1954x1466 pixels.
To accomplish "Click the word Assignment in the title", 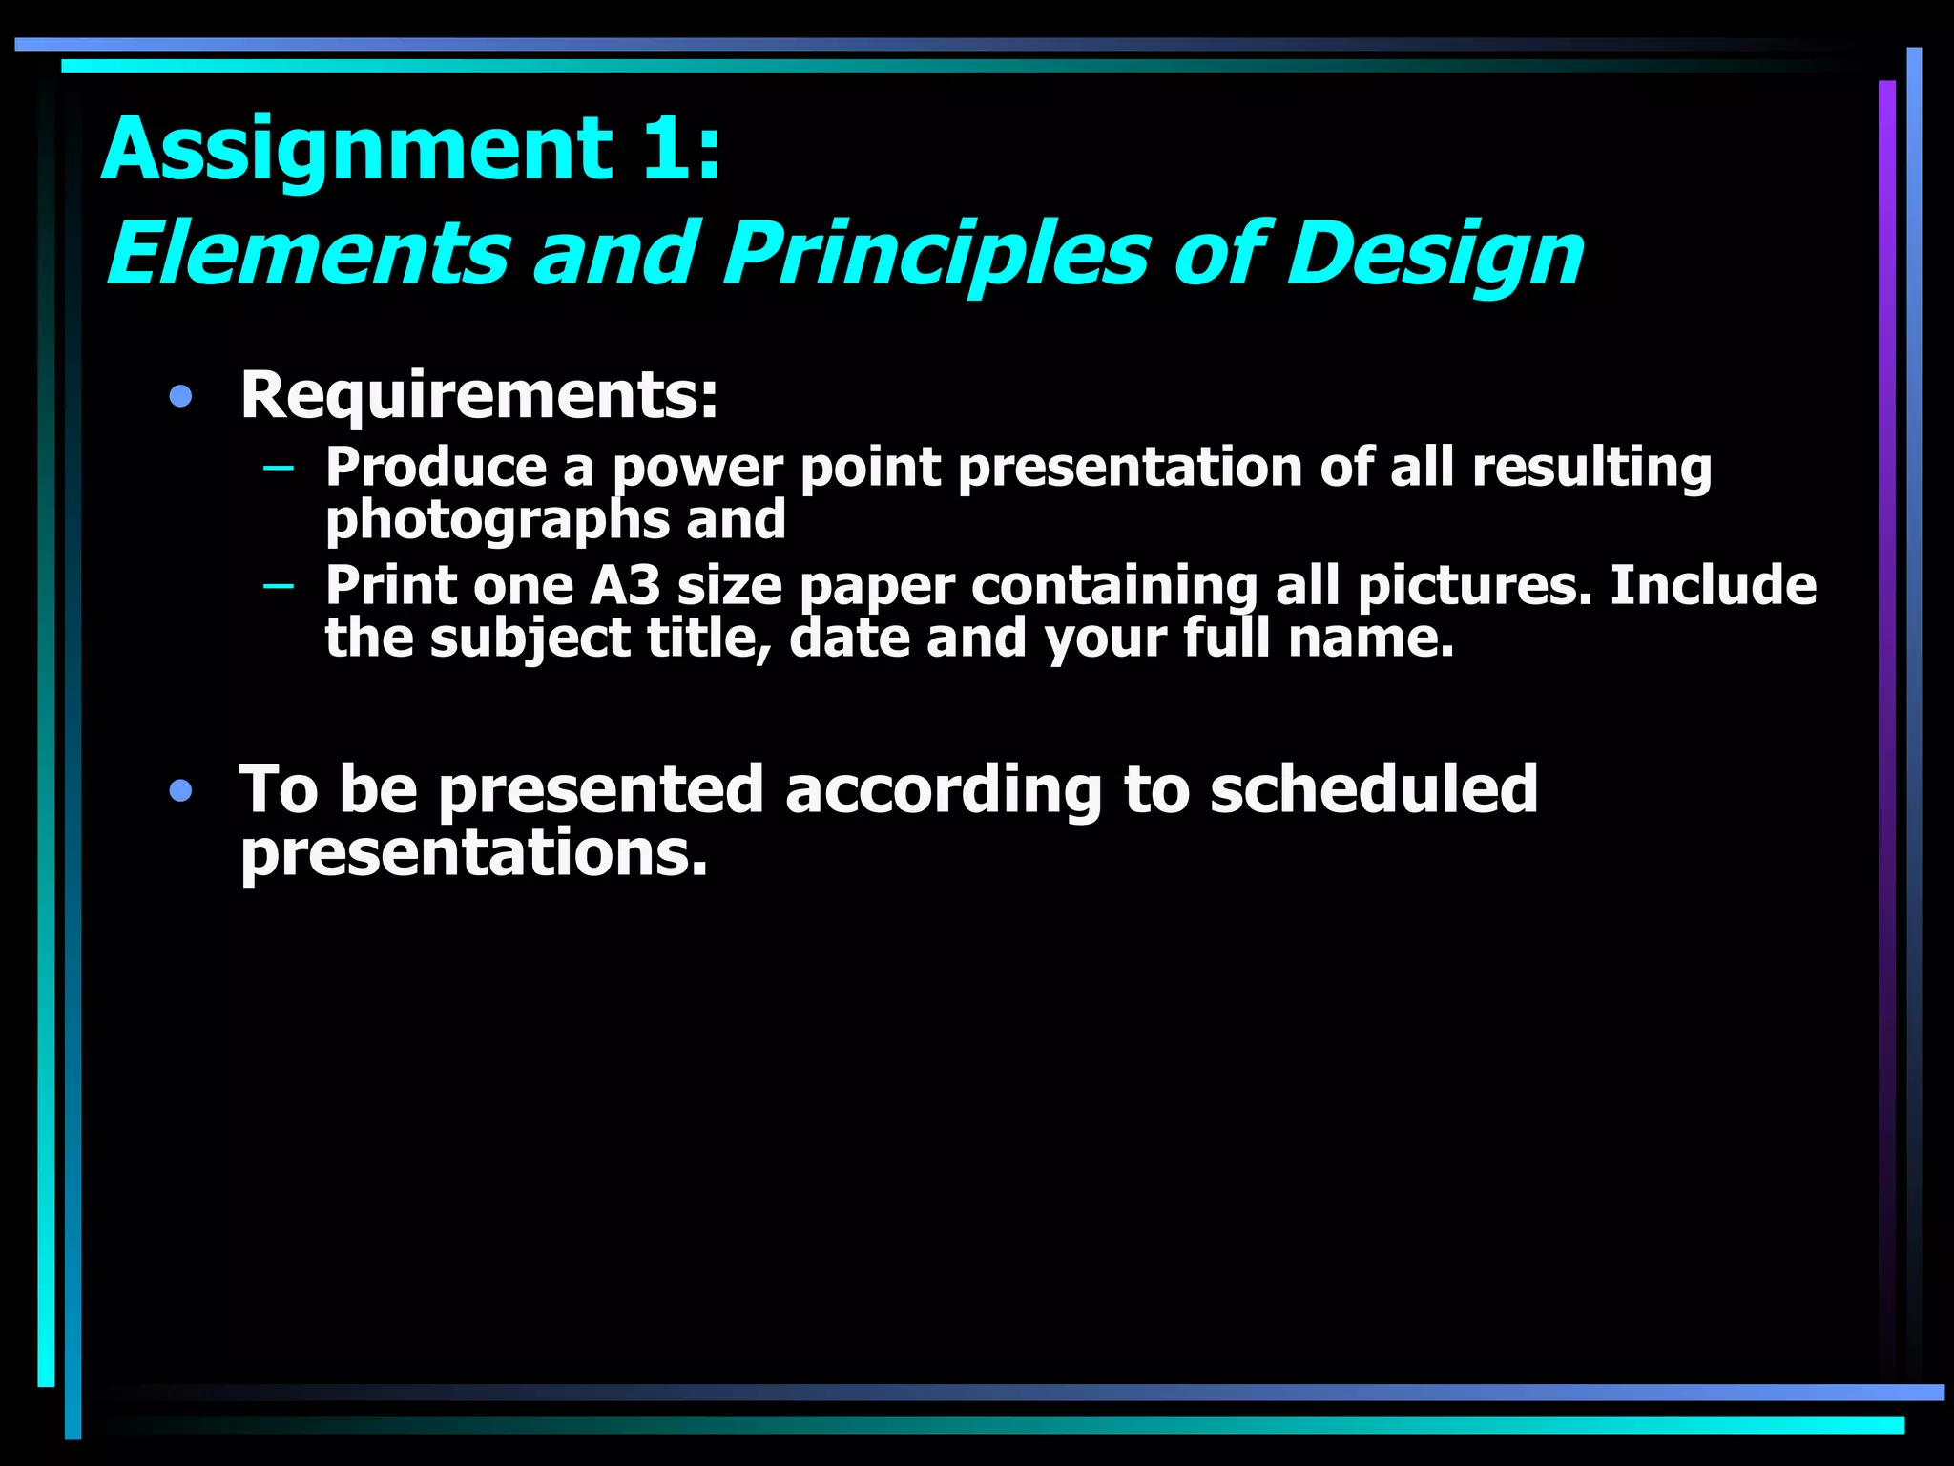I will point(357,151).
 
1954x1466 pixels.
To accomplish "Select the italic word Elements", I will point(307,254).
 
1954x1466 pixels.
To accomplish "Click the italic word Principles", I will point(935,256).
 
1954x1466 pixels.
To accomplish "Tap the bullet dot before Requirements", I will point(180,397).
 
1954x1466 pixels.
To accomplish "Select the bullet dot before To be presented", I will point(180,790).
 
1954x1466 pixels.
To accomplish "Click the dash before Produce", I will point(278,468).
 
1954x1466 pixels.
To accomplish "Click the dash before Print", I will point(278,585).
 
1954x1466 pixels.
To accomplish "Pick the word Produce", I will point(436,468).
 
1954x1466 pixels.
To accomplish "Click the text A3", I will point(625,585).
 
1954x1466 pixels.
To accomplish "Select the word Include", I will point(1713,585).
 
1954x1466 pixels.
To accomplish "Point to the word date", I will point(848,638).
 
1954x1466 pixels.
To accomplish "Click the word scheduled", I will point(1374,790).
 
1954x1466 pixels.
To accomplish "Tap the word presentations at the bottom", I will point(473,852).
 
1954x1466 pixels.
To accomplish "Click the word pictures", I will point(1474,586).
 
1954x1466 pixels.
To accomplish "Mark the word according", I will point(943,792).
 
